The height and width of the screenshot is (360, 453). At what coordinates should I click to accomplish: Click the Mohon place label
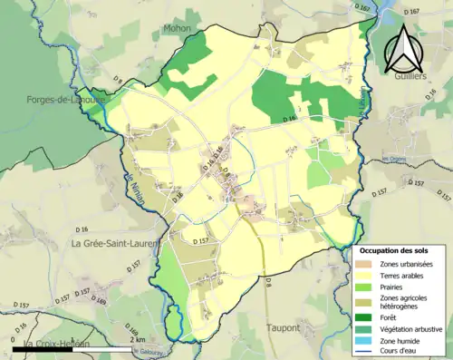(x=177, y=28)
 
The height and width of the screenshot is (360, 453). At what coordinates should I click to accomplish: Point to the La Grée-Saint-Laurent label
(x=114, y=243)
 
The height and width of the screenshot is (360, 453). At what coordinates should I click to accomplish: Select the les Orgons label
(x=390, y=161)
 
